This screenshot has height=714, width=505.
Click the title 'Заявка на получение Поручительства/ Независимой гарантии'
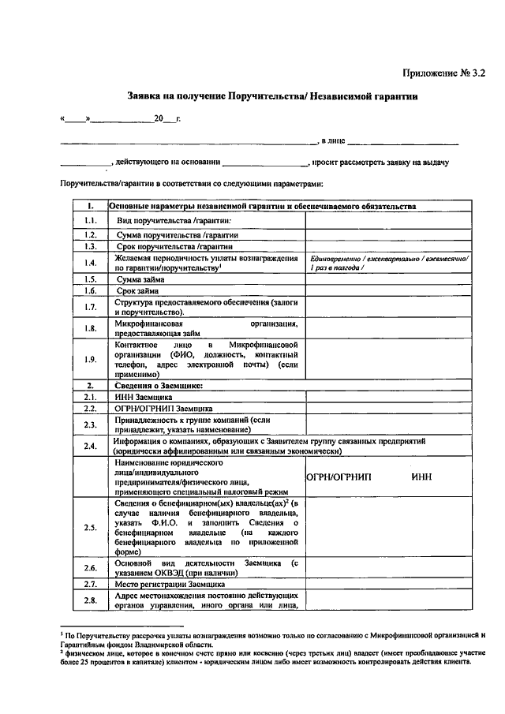tap(272, 96)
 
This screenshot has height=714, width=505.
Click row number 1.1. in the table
tap(91, 220)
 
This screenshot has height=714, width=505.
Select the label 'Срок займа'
tap(142, 291)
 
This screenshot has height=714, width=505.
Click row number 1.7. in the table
tap(91, 307)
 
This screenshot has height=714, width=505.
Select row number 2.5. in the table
tap(91, 528)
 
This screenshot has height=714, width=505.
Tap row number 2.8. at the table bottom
tap(91, 600)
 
